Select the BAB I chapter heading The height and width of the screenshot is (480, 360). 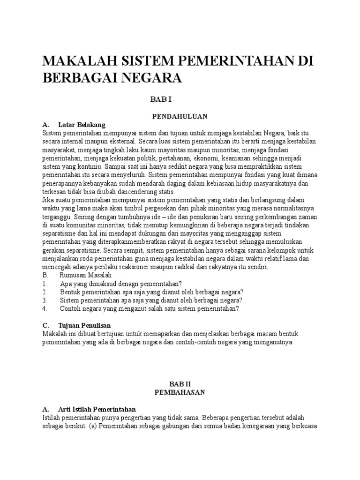point(162,99)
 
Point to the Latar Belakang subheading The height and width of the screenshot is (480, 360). point(82,125)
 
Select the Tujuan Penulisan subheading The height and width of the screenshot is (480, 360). point(85,325)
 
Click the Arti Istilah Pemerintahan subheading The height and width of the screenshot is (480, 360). point(96,409)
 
